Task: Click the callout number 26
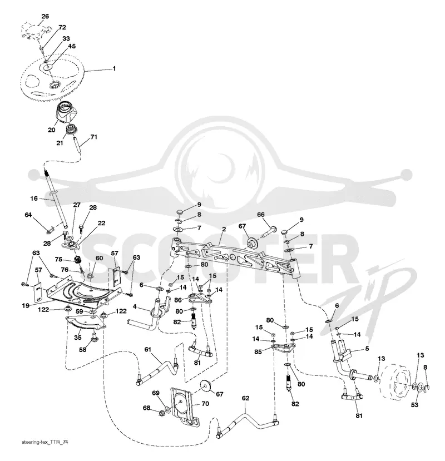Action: (x=45, y=17)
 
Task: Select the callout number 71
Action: (x=93, y=137)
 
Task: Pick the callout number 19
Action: (x=26, y=305)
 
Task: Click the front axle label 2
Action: (x=224, y=229)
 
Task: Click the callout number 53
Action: (x=414, y=405)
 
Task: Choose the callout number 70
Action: (x=205, y=404)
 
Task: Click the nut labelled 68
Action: (x=161, y=413)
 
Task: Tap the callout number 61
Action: (x=147, y=349)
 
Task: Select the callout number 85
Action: (x=258, y=351)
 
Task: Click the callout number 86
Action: (x=178, y=300)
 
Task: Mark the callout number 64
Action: (x=28, y=215)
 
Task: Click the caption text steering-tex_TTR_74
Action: (x=45, y=442)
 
